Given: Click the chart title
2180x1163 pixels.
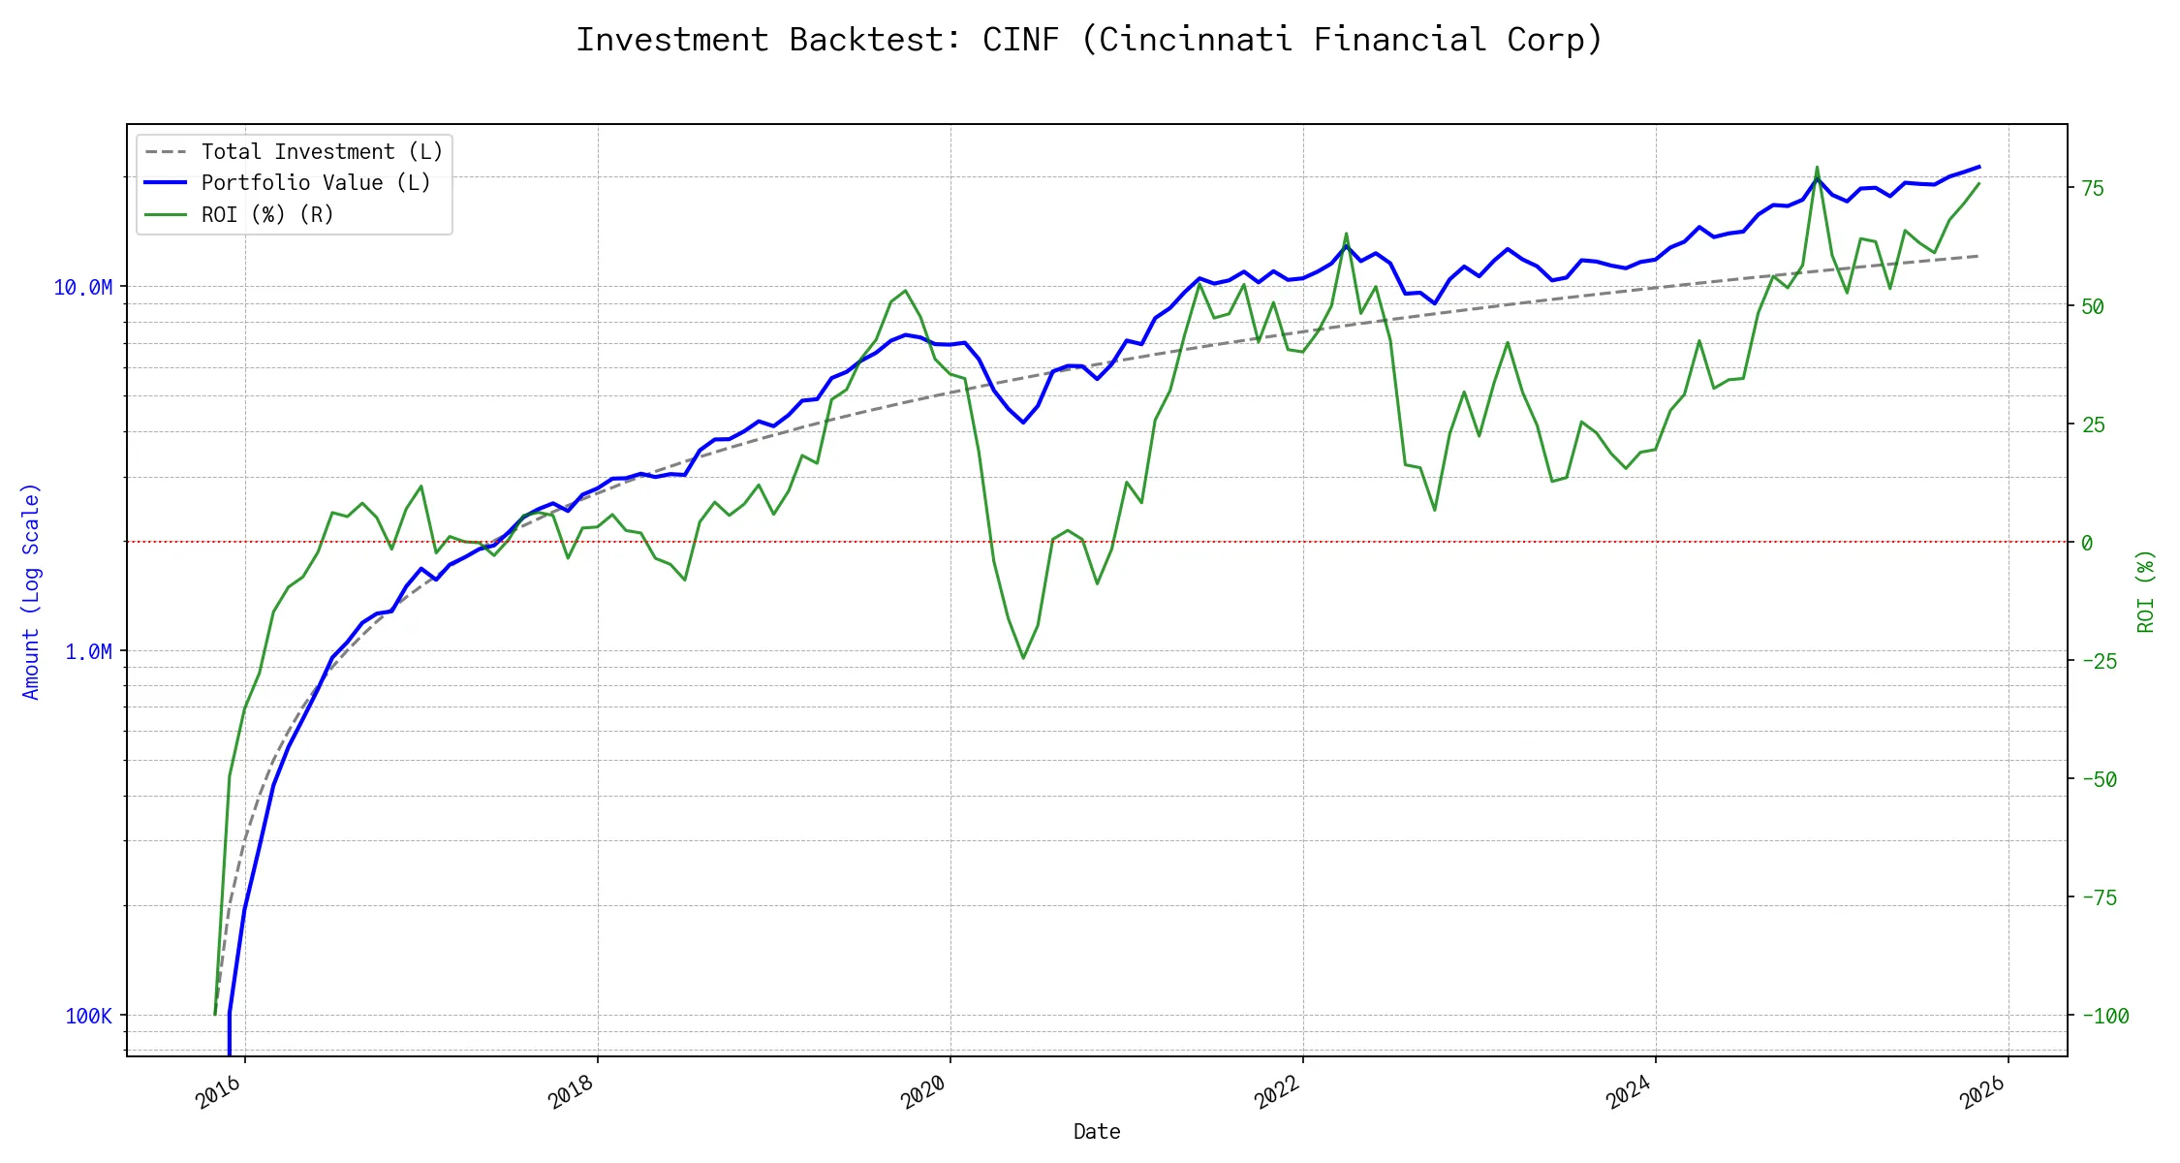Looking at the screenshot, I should pos(1089,40).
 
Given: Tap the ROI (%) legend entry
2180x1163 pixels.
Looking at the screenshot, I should pos(267,215).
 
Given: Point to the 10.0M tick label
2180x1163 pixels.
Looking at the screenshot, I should pos(83,288).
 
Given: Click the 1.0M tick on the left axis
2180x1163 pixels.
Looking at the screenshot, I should pos(89,652).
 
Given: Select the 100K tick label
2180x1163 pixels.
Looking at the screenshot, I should pos(89,1017).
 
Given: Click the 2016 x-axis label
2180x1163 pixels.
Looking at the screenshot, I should pos(219,1093).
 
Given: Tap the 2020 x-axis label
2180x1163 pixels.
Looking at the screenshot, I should pos(924,1093).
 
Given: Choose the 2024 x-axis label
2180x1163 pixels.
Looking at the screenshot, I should pos(1630,1093).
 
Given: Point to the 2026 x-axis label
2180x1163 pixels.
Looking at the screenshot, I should pos(1982,1093).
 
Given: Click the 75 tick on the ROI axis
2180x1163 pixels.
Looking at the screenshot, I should pos(2093,189).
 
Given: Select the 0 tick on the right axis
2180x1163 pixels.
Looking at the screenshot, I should pos(2087,544).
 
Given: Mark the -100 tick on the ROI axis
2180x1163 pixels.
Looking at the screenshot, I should pos(2104,1017).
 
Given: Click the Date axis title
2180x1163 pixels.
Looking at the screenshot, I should pos(1097,1132).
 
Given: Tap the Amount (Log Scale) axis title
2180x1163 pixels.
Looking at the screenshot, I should pos(31,591).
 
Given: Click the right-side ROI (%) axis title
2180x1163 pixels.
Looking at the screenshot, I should pos(2146,591).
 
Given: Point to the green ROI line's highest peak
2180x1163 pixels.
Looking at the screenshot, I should pos(1817,168).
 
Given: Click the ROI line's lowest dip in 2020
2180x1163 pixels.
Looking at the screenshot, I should pos(1023,658).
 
